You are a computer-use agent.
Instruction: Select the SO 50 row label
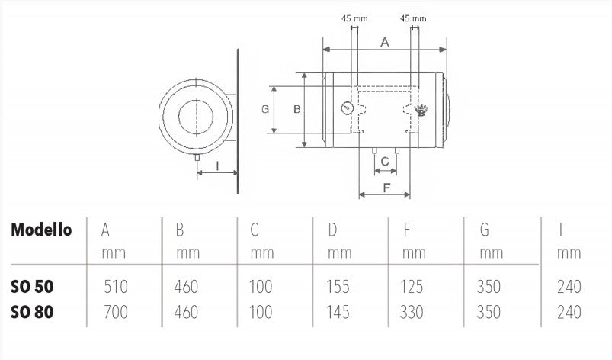click(33, 287)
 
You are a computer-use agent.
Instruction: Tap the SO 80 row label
click(33, 311)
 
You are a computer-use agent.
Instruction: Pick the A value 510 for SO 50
click(115, 288)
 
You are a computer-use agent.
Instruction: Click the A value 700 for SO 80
click(115, 312)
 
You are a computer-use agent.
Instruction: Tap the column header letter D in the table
click(332, 229)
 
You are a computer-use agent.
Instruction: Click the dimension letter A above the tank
click(385, 43)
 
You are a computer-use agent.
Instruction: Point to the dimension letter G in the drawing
click(265, 109)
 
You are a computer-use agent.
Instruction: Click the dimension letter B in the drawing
click(297, 109)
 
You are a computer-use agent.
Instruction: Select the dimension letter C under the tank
click(386, 161)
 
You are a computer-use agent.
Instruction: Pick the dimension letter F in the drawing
click(386, 187)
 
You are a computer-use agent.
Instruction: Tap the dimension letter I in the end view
click(216, 165)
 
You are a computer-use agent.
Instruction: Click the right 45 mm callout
click(413, 18)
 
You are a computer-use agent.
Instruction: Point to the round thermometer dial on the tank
click(348, 108)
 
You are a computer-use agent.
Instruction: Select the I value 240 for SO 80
click(569, 312)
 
